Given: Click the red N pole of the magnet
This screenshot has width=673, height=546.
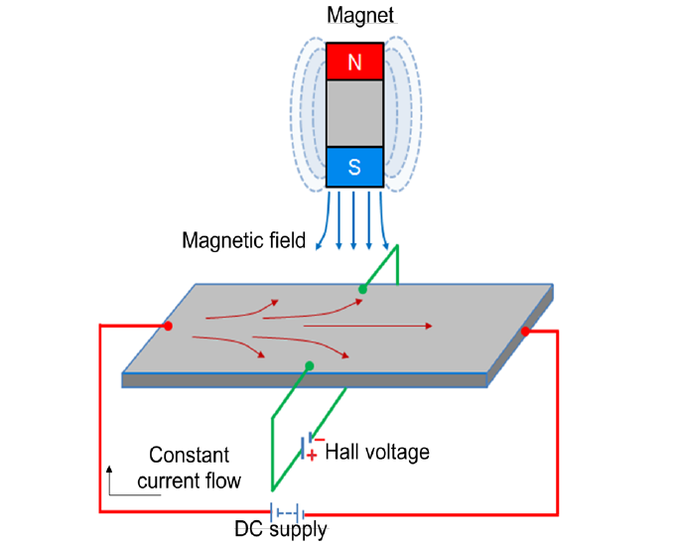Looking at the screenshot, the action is (x=354, y=62).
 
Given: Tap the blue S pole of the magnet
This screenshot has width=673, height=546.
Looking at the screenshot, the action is (x=354, y=167).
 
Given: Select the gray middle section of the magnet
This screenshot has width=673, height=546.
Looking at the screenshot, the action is (x=354, y=114).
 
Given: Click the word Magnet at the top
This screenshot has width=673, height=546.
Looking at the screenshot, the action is (x=360, y=16).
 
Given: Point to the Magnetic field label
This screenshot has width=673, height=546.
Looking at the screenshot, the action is (x=244, y=240).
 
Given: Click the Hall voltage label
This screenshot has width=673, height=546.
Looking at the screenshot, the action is (x=377, y=452).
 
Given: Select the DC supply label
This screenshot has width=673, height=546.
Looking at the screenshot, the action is (x=281, y=529).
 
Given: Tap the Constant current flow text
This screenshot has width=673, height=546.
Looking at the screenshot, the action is (x=189, y=468).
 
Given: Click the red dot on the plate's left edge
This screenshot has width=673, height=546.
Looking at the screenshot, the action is (x=169, y=327).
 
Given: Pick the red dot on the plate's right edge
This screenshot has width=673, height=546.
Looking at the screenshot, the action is (x=525, y=332).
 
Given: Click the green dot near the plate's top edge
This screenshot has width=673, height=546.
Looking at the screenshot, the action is (x=362, y=289).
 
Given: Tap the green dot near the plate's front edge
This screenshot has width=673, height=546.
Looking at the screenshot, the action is (x=310, y=366).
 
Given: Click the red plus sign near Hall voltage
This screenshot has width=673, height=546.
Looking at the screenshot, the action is (x=312, y=456).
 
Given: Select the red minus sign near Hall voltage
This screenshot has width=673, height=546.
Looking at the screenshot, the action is (x=320, y=440).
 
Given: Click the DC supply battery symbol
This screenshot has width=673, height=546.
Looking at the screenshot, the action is (x=287, y=512).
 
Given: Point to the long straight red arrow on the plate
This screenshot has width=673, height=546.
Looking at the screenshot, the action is (x=368, y=327).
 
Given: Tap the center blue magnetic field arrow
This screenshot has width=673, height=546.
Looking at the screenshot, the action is (x=353, y=220).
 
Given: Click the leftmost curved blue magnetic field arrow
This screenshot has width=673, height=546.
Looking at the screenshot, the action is (x=323, y=220).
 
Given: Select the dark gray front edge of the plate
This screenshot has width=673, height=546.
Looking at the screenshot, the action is (x=305, y=380).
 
